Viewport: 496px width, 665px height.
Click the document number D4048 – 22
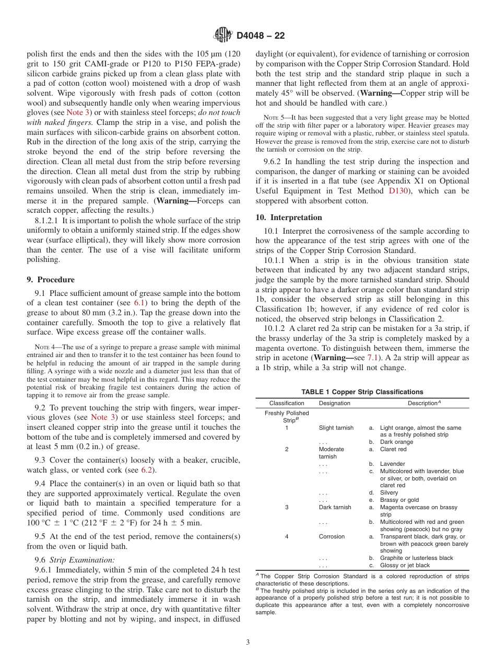(261, 36)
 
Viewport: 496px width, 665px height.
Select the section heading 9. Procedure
(51, 280)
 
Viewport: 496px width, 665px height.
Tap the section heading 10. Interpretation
(289, 217)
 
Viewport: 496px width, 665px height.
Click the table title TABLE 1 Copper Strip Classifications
(362, 392)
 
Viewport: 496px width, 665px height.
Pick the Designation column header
(335, 403)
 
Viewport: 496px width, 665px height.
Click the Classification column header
(287, 403)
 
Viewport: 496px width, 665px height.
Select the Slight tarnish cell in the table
(336, 428)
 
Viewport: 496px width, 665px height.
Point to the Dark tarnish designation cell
(335, 507)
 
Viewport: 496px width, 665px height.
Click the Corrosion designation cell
(332, 536)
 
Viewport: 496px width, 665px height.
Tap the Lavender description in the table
(393, 464)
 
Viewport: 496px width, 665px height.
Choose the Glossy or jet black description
(405, 565)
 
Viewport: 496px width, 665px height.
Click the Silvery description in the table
(389, 492)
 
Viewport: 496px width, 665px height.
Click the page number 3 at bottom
(248, 643)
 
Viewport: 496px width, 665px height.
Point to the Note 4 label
(44, 347)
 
